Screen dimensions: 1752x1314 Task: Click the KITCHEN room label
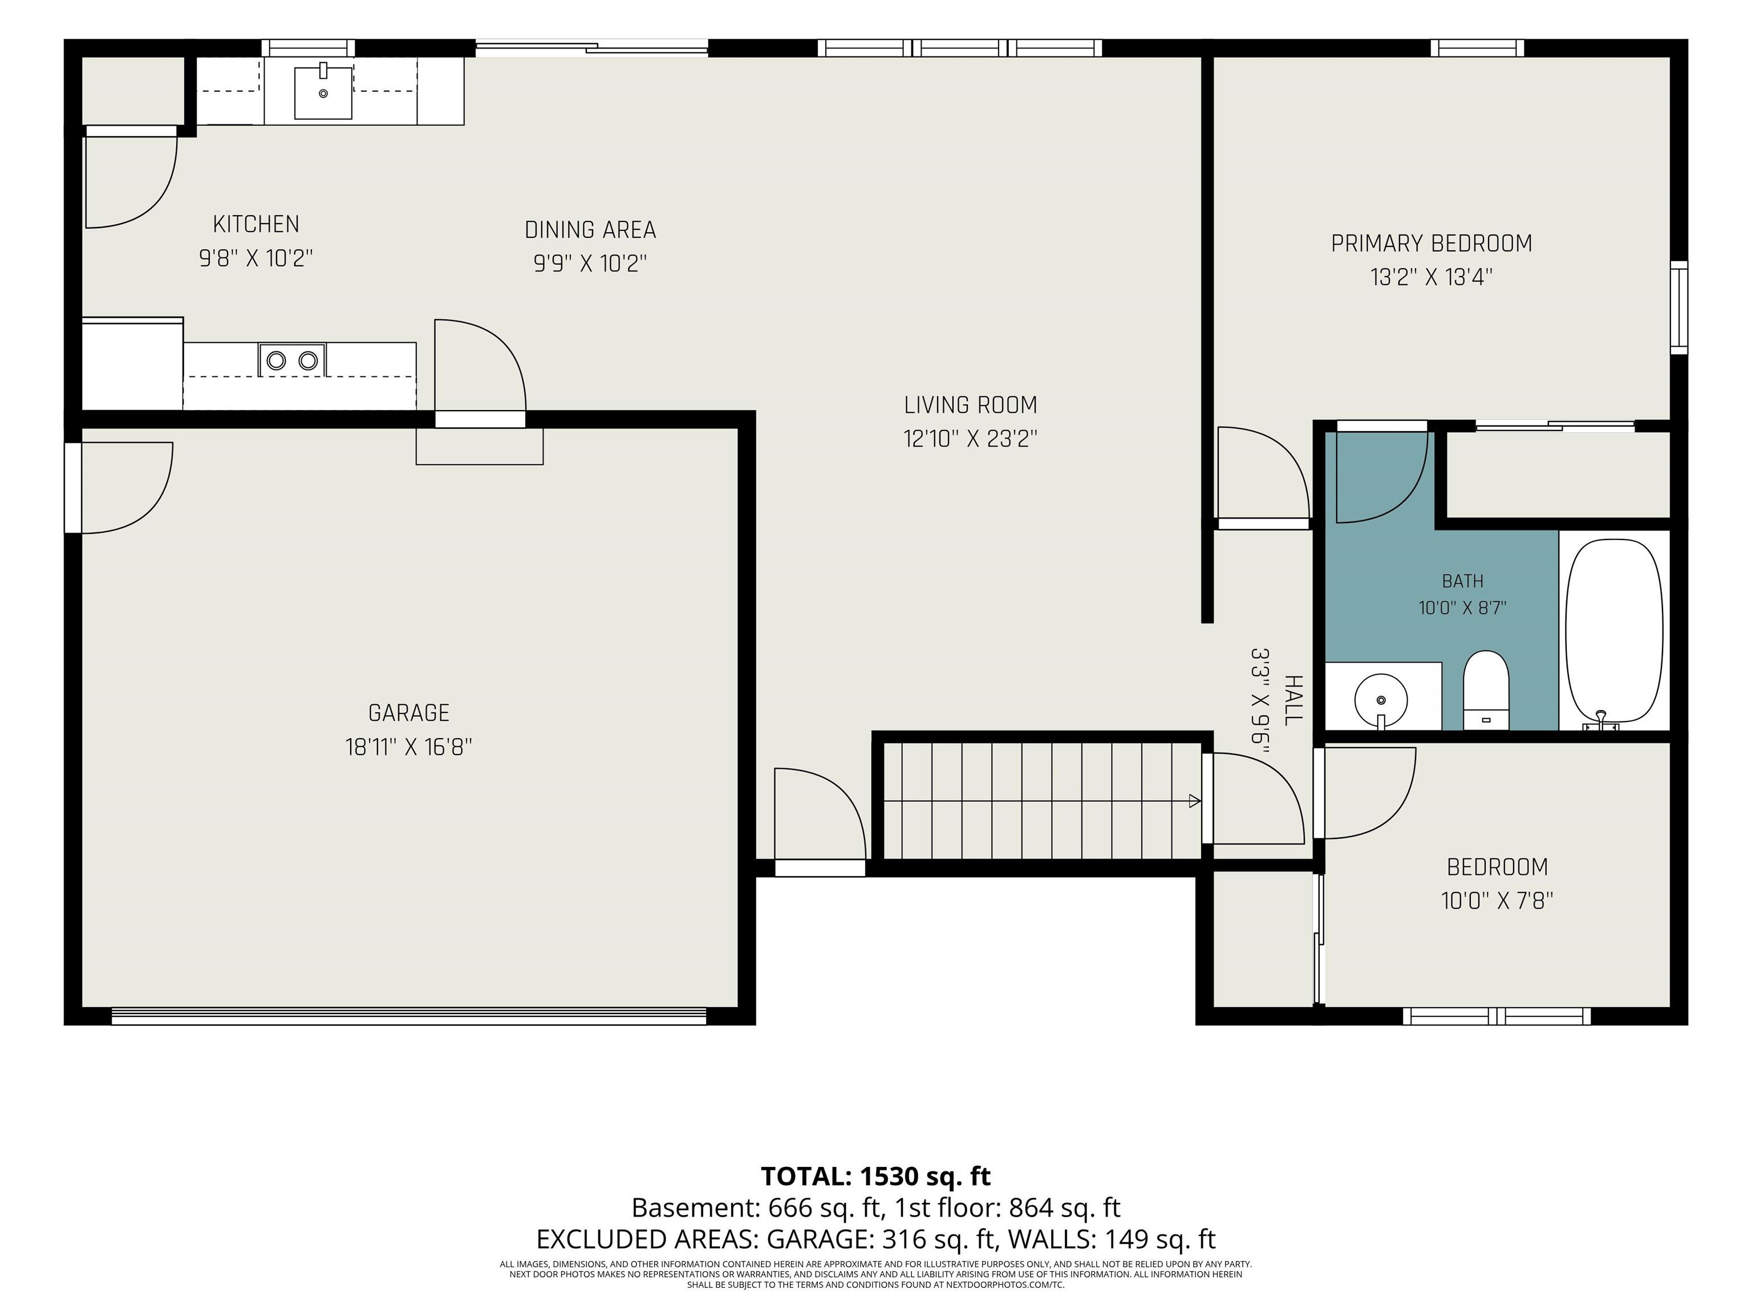coord(256,224)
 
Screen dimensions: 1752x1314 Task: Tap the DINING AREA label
coord(590,230)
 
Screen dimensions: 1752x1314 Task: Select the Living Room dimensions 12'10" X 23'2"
coord(970,439)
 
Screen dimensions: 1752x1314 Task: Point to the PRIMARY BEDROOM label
coord(1431,243)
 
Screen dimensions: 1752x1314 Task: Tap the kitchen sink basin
coord(323,92)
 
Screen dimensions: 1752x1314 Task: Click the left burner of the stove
coord(275,361)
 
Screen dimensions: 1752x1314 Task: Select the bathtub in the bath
coord(1613,631)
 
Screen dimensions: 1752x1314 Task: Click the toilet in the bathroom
coord(1485,689)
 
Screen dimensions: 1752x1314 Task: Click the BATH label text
coord(1462,581)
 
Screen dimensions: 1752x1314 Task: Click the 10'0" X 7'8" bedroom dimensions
coord(1497,901)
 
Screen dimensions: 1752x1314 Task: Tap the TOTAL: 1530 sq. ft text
coord(875,1176)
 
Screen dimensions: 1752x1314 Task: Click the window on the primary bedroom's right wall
coord(1678,307)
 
